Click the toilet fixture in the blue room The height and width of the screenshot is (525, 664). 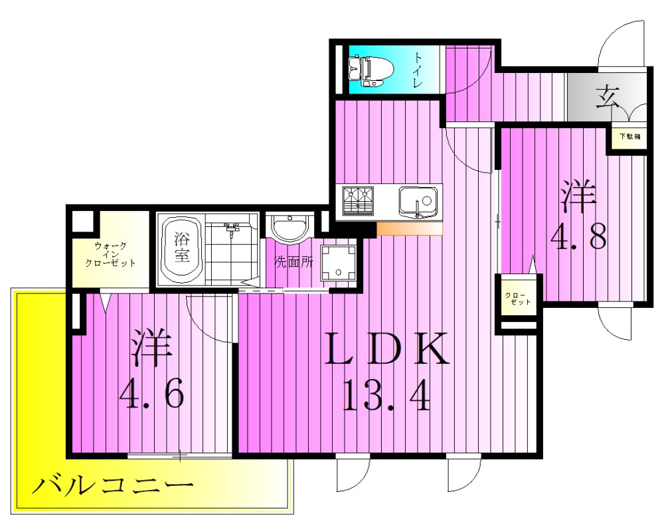[369, 71]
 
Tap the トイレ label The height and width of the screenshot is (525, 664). [418, 70]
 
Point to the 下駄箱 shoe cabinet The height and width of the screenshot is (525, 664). [629, 137]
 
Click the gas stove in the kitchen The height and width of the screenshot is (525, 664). [358, 201]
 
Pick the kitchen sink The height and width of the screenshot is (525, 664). [418, 201]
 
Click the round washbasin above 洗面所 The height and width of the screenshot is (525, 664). [290, 228]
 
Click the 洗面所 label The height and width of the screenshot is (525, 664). [293, 262]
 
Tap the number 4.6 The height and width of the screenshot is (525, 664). [151, 397]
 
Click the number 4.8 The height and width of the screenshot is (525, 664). [577, 237]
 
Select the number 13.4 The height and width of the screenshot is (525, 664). [386, 397]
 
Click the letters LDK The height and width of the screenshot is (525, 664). [386, 350]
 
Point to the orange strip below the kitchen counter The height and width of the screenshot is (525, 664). [409, 229]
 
